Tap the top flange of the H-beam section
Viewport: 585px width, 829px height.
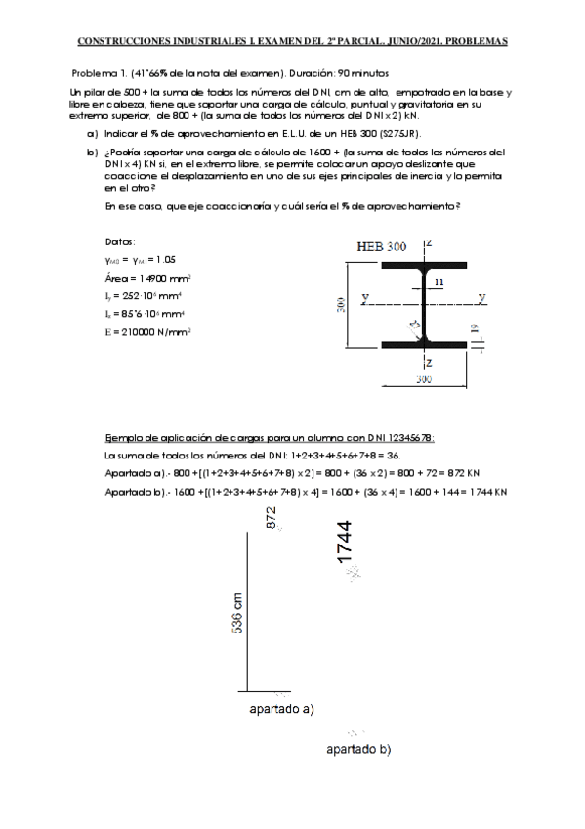(x=424, y=264)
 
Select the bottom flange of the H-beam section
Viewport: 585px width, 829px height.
(x=424, y=344)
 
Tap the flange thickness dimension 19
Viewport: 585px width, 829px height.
(x=475, y=330)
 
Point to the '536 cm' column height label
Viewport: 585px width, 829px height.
(x=237, y=614)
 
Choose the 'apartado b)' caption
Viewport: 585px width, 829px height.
(x=358, y=750)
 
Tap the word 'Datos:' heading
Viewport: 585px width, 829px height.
(x=120, y=241)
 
